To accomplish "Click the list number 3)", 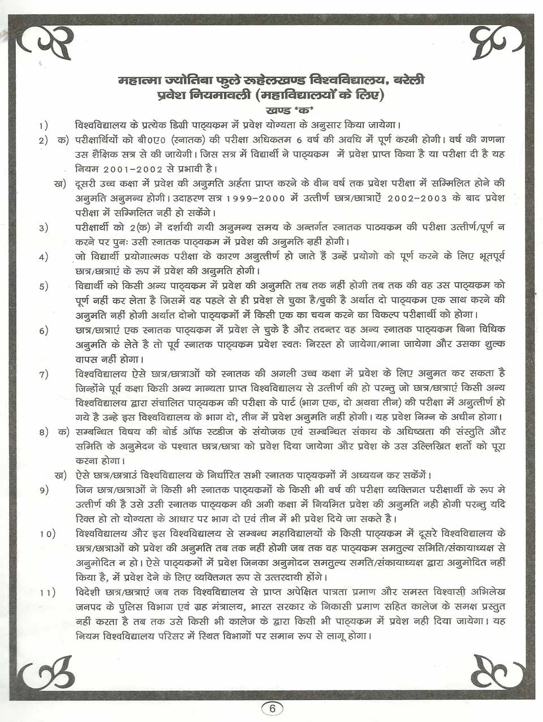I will click(x=44, y=228).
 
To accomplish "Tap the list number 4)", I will click(x=44, y=258).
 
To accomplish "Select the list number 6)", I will click(x=44, y=331).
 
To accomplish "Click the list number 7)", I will click(x=44, y=374).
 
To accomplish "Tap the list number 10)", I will click(x=47, y=535).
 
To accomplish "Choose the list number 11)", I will click(x=47, y=593).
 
